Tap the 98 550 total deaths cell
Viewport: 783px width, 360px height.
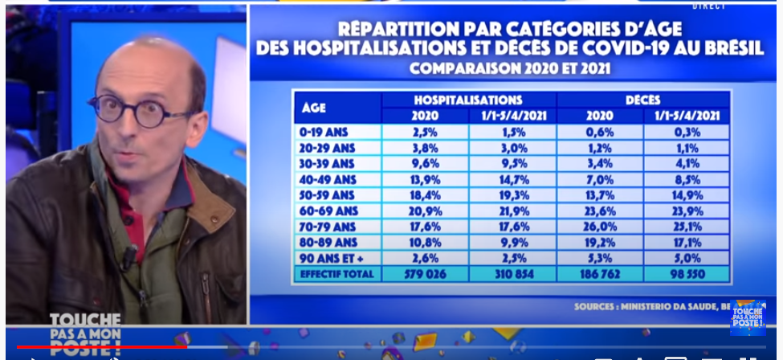point(687,275)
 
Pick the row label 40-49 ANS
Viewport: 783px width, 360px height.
point(328,179)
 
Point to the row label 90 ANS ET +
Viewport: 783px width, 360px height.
point(335,257)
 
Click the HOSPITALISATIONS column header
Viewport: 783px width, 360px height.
point(467,100)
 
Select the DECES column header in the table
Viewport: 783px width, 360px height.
point(642,100)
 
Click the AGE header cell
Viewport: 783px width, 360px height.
point(314,108)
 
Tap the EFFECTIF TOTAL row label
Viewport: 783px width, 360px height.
point(336,275)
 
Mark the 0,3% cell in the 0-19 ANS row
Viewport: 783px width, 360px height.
point(687,133)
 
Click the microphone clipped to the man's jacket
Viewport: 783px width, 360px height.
point(127,259)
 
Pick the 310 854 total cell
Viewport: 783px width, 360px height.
point(512,275)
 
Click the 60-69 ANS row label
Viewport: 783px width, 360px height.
point(328,210)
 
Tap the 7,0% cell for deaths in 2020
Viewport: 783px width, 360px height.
point(599,179)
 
